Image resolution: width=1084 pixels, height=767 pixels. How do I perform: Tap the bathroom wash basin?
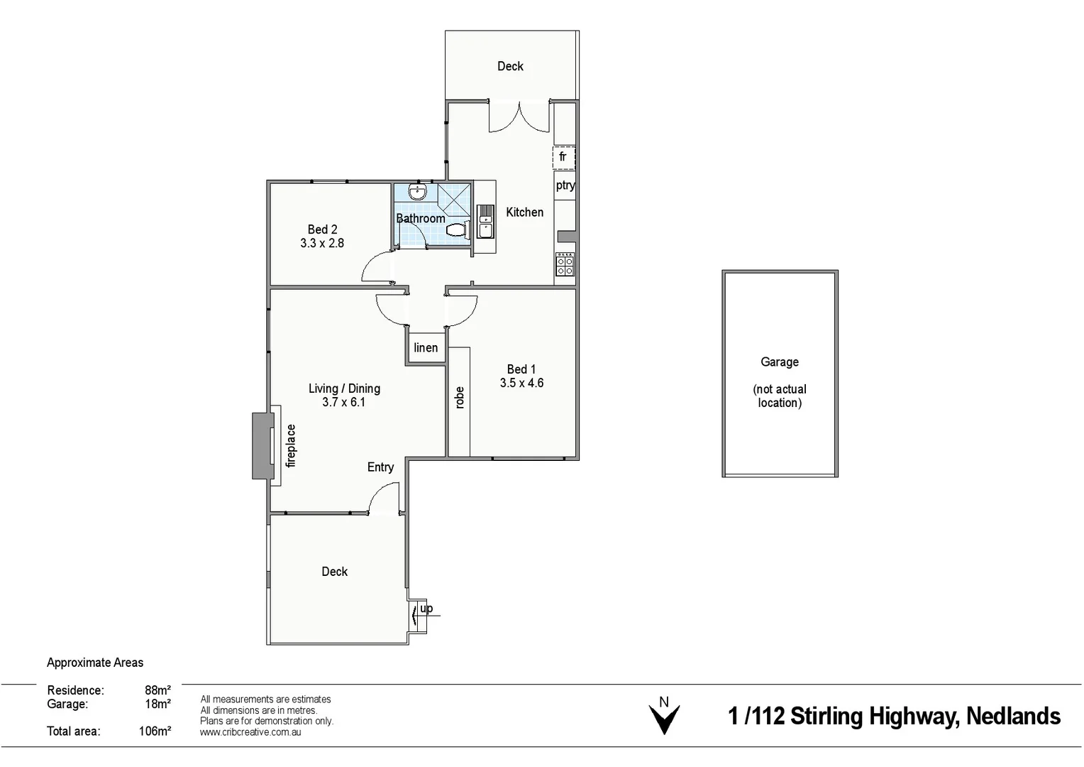pos(418,192)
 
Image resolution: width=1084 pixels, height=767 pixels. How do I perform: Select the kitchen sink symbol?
pos(485,221)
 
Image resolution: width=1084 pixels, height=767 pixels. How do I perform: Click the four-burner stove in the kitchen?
pos(565,264)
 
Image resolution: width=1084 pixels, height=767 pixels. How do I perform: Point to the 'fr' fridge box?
pos(563,157)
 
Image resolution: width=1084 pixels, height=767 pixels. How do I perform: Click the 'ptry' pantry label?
pos(565,185)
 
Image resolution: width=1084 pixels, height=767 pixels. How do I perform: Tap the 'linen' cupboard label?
pos(426,348)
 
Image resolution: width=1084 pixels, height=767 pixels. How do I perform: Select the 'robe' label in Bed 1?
pos(460,398)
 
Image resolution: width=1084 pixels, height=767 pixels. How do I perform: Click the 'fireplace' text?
pos(291,445)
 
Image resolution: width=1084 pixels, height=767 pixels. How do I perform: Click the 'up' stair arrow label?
pos(426,609)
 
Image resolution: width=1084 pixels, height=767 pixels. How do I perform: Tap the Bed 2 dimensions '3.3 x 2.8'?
pos(322,243)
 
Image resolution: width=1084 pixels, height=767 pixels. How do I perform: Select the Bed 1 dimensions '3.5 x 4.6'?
pos(521,383)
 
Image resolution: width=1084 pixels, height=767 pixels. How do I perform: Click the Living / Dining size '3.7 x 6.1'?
pos(344,402)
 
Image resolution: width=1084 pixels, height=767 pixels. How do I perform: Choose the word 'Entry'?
pos(380,467)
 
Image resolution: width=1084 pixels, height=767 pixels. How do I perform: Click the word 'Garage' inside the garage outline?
pos(780,362)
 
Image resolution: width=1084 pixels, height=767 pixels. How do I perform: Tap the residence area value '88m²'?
pos(157,690)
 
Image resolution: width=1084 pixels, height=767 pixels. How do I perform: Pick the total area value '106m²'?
pos(155,731)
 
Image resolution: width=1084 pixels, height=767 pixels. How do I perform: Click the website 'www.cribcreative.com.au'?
pos(250,732)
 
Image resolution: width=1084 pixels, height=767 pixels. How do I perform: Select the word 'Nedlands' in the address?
pos(1013,717)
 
